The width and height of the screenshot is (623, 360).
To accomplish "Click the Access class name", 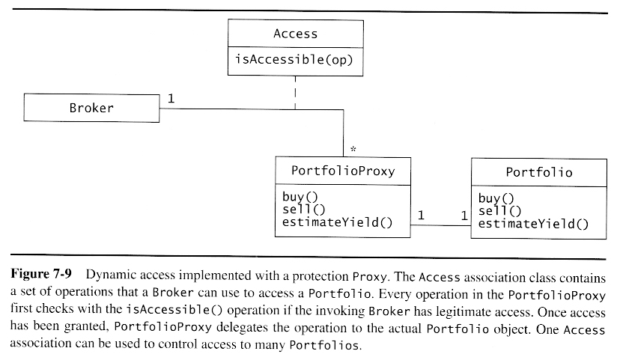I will [295, 34].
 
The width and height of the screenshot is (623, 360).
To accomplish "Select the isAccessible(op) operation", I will [295, 60].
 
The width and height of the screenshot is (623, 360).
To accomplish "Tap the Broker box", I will [91, 108].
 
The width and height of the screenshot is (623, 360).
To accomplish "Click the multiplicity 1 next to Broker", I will [171, 98].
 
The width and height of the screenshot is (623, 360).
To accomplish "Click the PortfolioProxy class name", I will [342, 171].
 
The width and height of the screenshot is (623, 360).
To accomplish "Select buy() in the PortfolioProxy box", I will [298, 198].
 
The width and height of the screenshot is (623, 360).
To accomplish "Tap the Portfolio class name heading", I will [539, 172].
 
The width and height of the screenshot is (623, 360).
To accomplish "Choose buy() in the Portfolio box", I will [496, 198].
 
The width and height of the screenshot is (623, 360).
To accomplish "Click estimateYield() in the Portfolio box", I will [533, 223].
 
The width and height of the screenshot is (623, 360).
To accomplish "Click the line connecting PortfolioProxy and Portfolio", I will [441, 224].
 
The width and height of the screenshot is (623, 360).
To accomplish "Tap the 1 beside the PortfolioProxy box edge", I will [421, 215].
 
